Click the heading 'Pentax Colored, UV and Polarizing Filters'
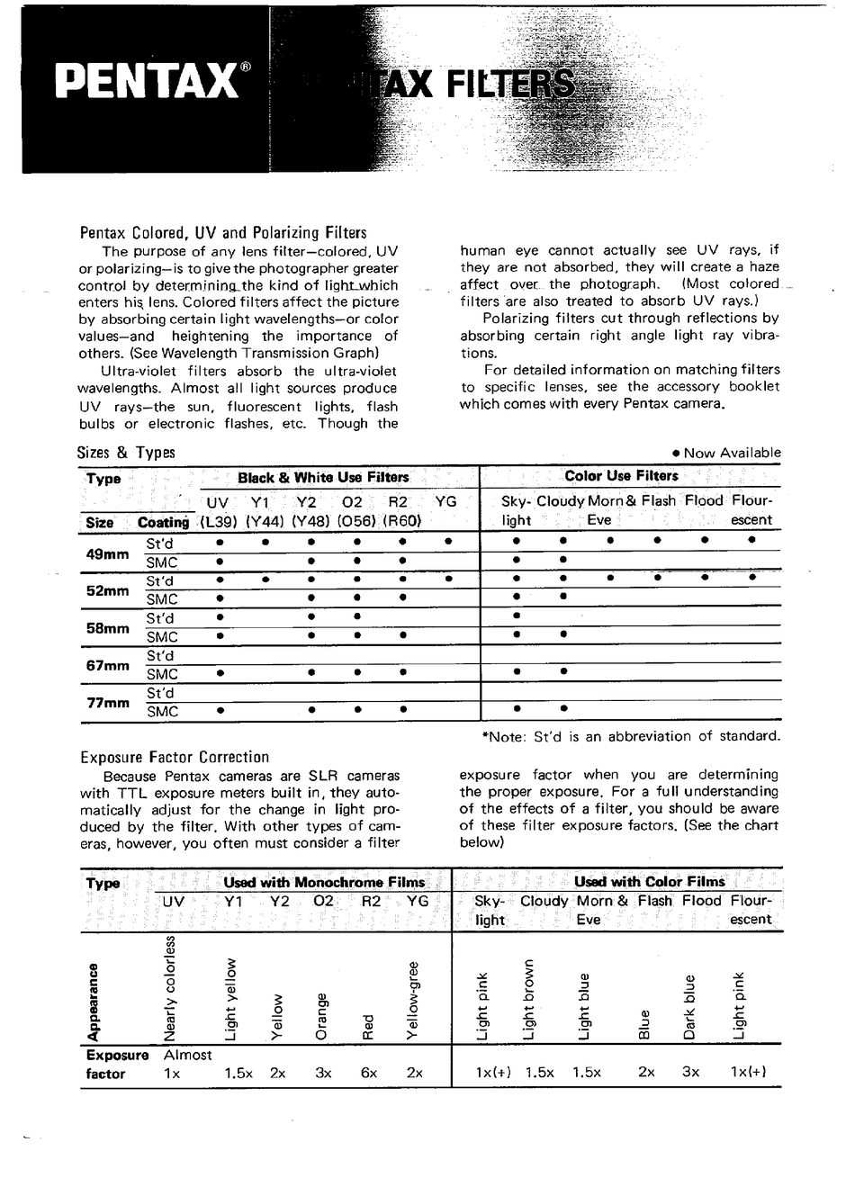[x=223, y=232]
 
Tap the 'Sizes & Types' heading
[x=126, y=453]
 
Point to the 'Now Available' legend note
[x=726, y=453]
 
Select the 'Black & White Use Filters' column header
[x=322, y=477]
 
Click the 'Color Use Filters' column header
[x=621, y=476]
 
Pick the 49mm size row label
[x=107, y=554]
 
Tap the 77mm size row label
[x=107, y=703]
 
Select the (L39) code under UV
[x=217, y=520]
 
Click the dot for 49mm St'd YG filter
[x=447, y=542]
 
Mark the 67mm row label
[x=107, y=666]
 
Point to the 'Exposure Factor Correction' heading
[x=175, y=758]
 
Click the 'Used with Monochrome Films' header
[x=324, y=883]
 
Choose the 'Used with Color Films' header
[x=649, y=882]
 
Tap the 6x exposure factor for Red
[x=368, y=1074]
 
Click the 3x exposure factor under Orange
[x=323, y=1074]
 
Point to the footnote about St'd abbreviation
[x=631, y=736]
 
